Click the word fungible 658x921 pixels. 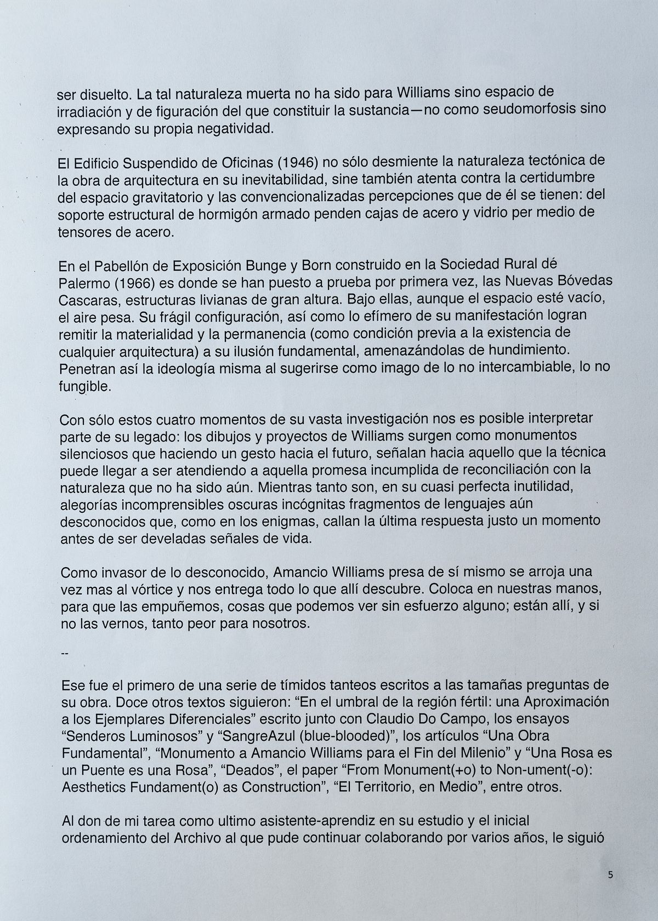click(85, 387)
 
